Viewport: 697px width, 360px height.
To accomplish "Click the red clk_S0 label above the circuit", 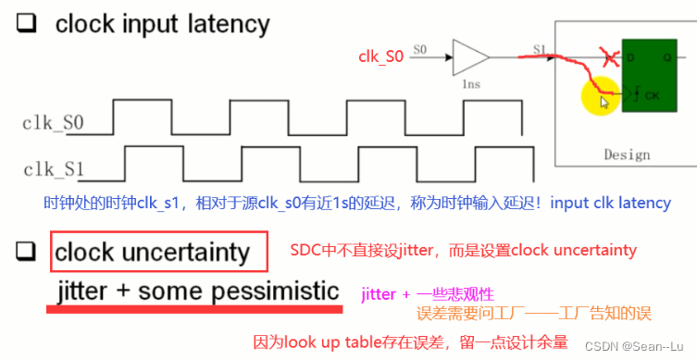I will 381,56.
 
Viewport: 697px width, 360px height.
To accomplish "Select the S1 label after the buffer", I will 540,49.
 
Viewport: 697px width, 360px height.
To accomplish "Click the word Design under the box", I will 629,155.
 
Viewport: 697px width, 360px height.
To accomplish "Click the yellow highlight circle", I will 600,99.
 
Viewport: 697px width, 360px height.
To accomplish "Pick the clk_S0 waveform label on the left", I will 55,121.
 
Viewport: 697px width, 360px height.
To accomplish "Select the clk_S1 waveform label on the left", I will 55,168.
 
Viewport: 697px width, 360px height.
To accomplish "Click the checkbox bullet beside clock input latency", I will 27,24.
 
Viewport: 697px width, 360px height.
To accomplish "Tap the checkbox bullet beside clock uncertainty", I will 27,250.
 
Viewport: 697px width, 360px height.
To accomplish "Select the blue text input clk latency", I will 611,203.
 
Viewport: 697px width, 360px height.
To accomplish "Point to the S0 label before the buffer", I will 420,49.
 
